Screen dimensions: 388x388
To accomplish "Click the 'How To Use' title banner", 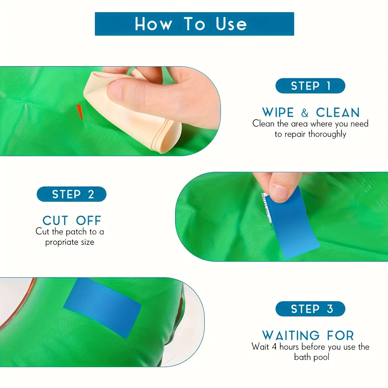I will click(194, 24).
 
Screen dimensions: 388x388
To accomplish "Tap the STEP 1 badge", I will click(310, 86).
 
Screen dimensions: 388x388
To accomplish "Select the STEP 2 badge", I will click(72, 194).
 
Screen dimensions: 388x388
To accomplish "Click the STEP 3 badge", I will click(310, 309).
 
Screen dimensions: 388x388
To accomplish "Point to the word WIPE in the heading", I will click(278, 113).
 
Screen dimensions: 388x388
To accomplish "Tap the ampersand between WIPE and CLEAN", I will click(304, 113).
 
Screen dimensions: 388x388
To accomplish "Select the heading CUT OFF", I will click(72, 221).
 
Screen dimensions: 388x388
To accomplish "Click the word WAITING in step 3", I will click(291, 335).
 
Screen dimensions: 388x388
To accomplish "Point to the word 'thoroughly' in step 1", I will click(327, 134).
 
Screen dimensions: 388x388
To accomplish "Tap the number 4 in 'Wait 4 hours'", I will click(274, 347).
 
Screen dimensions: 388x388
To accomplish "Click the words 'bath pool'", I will click(312, 357).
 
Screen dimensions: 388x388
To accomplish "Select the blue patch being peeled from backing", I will click(294, 227).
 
